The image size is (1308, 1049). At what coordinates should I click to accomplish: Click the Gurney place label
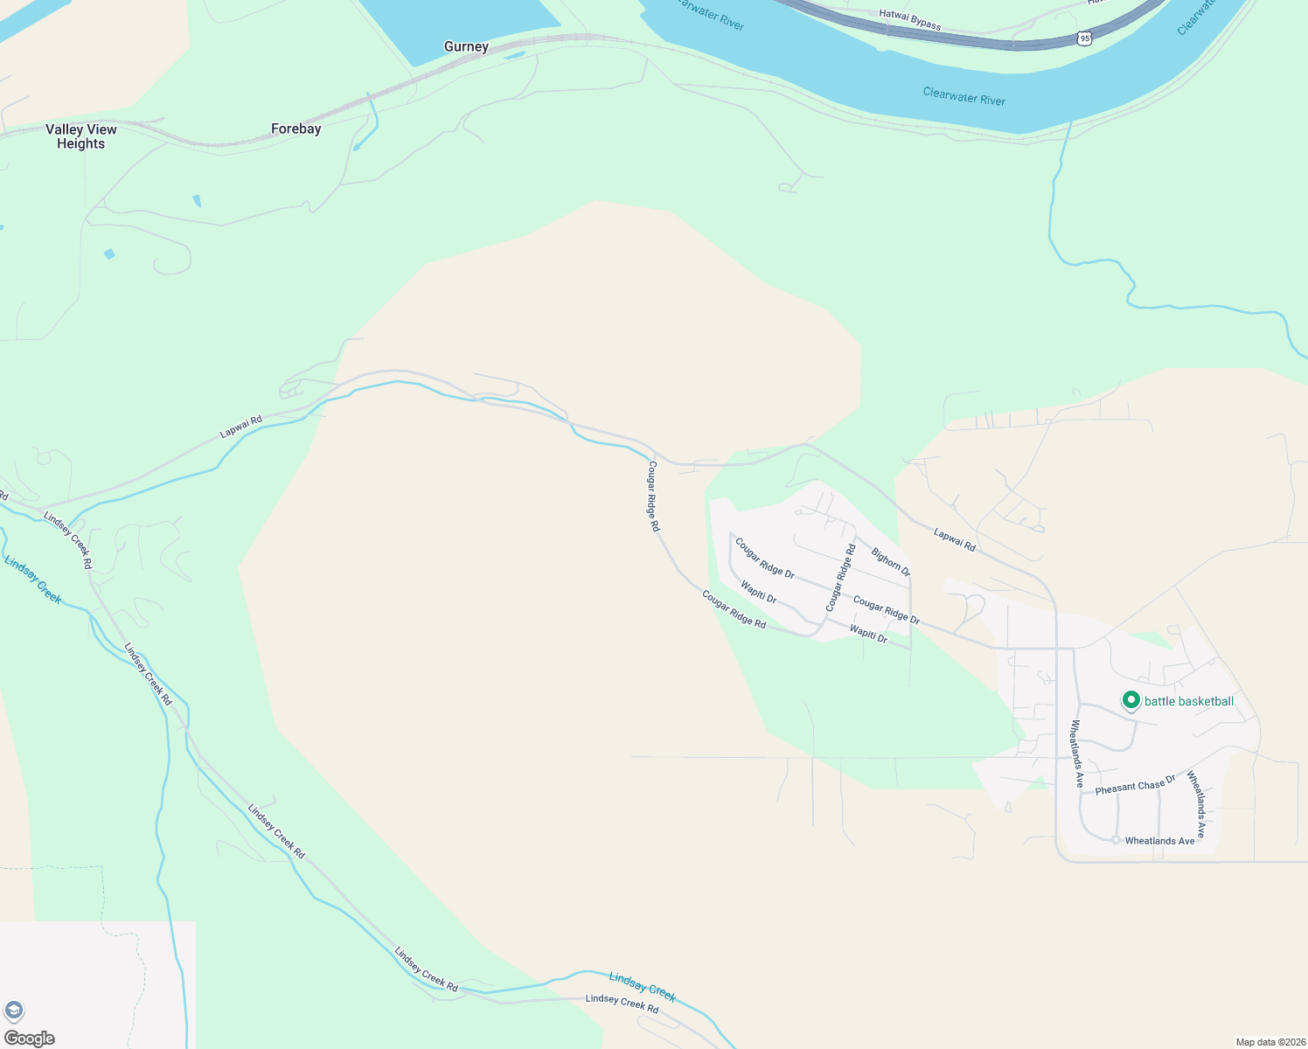[x=466, y=47]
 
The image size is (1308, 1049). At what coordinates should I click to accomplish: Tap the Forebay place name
[x=296, y=129]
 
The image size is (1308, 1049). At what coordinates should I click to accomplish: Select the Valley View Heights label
[x=81, y=136]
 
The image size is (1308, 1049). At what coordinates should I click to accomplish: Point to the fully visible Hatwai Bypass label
[x=909, y=19]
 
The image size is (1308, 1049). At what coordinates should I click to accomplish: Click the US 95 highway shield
[x=1084, y=38]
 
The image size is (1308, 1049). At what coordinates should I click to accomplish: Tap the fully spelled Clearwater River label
[x=964, y=96]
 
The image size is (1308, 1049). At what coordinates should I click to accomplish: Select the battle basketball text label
[x=1189, y=701]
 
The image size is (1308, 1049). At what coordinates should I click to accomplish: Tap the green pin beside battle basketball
[x=1131, y=700]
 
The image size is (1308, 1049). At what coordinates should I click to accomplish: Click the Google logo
[x=30, y=1038]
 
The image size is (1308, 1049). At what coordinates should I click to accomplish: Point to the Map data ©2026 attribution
[x=1270, y=1042]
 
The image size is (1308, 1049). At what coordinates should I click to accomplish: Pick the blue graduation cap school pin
[x=13, y=1011]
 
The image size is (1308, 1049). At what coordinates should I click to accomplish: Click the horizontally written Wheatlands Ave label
[x=1159, y=841]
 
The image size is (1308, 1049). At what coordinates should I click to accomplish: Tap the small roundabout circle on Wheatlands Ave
[x=1116, y=840]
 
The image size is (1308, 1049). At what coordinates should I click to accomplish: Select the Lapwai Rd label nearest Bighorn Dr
[x=954, y=538]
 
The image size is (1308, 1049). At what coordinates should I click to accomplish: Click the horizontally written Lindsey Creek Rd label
[x=622, y=1004]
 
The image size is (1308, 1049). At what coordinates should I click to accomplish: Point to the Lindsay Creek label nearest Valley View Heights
[x=32, y=580]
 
